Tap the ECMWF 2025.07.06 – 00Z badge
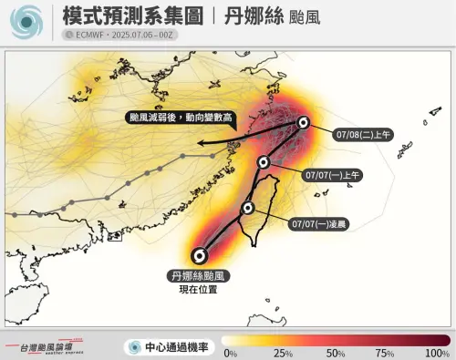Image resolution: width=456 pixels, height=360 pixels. (x=115, y=35)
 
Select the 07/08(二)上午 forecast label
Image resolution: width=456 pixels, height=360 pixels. (x=363, y=134)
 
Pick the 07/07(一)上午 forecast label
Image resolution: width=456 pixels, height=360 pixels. (x=333, y=174)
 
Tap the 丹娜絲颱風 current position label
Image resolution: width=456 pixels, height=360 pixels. (x=200, y=274)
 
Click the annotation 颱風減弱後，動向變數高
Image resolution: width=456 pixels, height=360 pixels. (x=180, y=118)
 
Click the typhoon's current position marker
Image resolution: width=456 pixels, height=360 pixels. (x=201, y=255)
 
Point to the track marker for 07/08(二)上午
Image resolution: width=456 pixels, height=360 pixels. (x=303, y=123)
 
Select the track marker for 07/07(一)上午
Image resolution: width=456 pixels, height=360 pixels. (x=264, y=162)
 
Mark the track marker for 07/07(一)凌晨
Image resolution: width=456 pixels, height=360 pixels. (x=247, y=208)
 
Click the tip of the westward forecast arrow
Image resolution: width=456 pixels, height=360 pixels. (x=192, y=143)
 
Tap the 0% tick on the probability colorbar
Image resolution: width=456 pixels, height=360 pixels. (x=230, y=353)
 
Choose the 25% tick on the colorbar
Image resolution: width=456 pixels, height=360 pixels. (x=283, y=353)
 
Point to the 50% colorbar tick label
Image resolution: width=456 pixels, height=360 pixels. (x=336, y=353)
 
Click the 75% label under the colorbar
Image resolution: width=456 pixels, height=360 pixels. (x=388, y=353)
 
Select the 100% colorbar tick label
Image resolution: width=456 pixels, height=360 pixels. (x=438, y=353)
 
